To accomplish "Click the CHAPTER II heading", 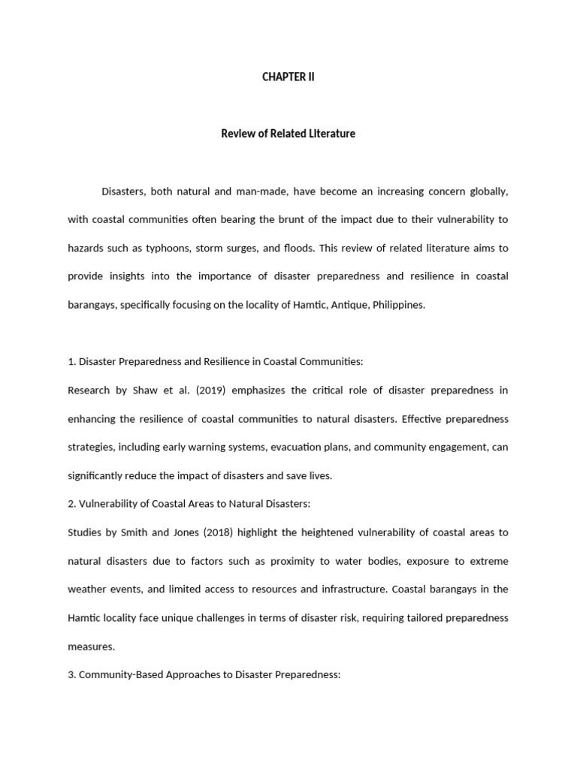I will pos(288,77).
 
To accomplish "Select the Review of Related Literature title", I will pos(288,134).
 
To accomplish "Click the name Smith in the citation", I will pos(142,532).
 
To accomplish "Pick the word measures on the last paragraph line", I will pos(90,647).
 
